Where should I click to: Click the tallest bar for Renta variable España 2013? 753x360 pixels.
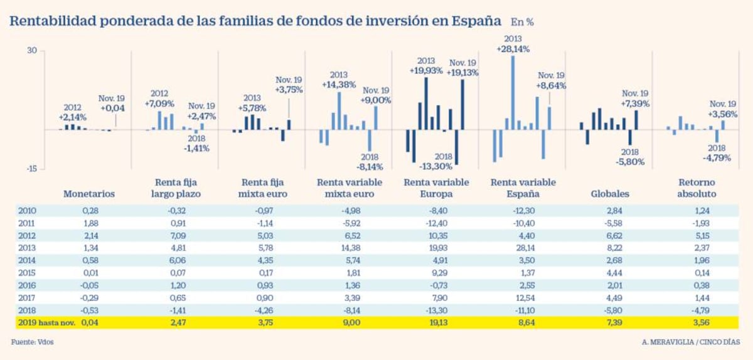pyautogui.click(x=513, y=93)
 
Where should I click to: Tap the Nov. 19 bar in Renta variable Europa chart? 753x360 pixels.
pyautogui.click(x=462, y=104)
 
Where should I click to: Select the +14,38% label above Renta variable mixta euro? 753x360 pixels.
pyautogui.click(x=339, y=84)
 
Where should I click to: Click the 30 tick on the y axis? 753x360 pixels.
pyautogui.click(x=32, y=51)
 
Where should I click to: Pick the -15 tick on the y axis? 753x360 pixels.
pyautogui.click(x=32, y=168)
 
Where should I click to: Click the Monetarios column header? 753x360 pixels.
pyautogui.click(x=89, y=194)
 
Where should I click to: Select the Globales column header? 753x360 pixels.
pyautogui.click(x=611, y=194)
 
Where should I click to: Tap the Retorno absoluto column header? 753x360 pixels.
pyautogui.click(x=696, y=188)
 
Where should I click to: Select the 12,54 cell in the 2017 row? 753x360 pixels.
pyautogui.click(x=523, y=297)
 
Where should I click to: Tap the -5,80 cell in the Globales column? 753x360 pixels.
pyautogui.click(x=611, y=310)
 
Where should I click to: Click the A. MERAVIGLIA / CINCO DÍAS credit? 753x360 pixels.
pyautogui.click(x=690, y=342)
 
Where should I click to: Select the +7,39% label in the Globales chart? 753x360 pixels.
pyautogui.click(x=635, y=103)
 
